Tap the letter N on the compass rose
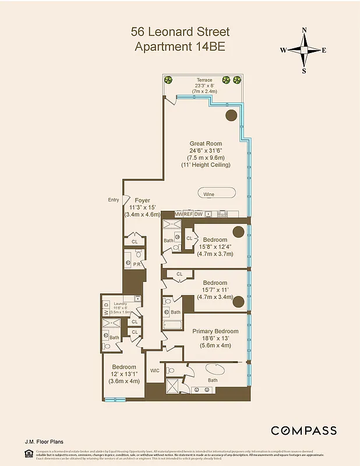pos(304,31)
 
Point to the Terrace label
pos(204,80)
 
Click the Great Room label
pos(206,143)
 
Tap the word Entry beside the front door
pos(113,200)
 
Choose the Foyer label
pos(142,200)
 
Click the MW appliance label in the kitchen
pos(178,214)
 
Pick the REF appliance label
pos(188,214)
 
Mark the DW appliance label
pos(199,214)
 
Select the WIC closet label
pos(155,370)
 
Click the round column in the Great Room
pos(231,115)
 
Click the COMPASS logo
pos(303,430)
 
